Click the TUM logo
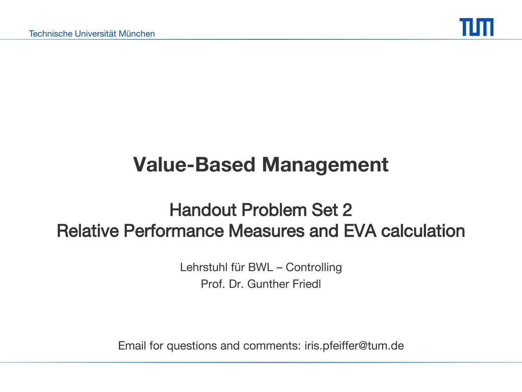pyautogui.click(x=477, y=27)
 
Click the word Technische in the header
pyautogui.click(x=50, y=34)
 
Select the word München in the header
pyautogui.click(x=137, y=34)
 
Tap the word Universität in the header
pyautogui.click(x=95, y=34)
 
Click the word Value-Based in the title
pyautogui.click(x=194, y=165)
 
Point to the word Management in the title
pyautogui.click(x=325, y=165)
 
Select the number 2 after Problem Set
pyautogui.click(x=347, y=210)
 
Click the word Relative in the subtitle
pyautogui.click(x=88, y=231)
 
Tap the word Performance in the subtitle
pyautogui.click(x=173, y=231)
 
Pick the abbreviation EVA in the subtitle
pyautogui.click(x=360, y=231)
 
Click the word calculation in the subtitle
pyautogui.click(x=423, y=231)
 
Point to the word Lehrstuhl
pyautogui.click(x=204, y=267)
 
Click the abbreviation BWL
pyautogui.click(x=260, y=267)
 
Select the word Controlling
pyautogui.click(x=314, y=267)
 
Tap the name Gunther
pyautogui.click(x=268, y=284)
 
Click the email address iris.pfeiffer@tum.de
pyautogui.click(x=354, y=346)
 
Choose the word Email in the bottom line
pyautogui.click(x=132, y=346)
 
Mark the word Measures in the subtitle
pyautogui.click(x=266, y=231)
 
